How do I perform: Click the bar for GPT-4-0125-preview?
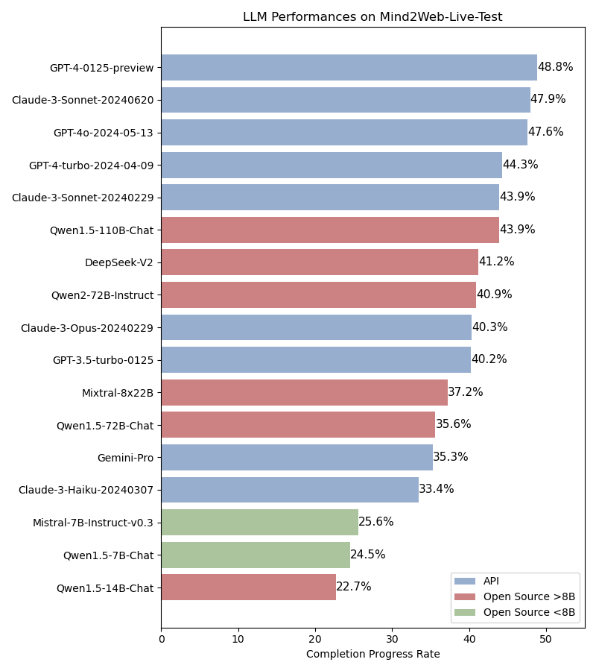(x=349, y=67)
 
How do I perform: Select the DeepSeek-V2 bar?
(x=320, y=262)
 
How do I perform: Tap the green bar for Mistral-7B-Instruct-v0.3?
(x=259, y=522)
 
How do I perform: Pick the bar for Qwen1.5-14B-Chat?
(x=248, y=587)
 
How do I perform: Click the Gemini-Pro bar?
(x=297, y=457)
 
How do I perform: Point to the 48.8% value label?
(x=555, y=67)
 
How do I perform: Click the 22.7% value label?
(x=353, y=587)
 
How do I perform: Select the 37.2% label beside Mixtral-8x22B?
(x=465, y=392)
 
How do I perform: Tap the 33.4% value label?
(x=436, y=489)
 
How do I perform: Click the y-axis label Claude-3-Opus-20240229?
(x=86, y=327)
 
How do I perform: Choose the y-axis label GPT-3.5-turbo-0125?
(x=103, y=360)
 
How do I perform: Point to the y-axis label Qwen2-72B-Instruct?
(x=102, y=295)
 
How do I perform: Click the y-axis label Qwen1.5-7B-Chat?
(x=108, y=555)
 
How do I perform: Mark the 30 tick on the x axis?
(x=392, y=639)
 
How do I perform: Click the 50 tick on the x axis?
(x=546, y=639)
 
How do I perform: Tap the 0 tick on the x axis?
(x=161, y=639)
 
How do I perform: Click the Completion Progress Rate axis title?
(x=372, y=654)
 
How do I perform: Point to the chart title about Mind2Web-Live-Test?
(x=372, y=17)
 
